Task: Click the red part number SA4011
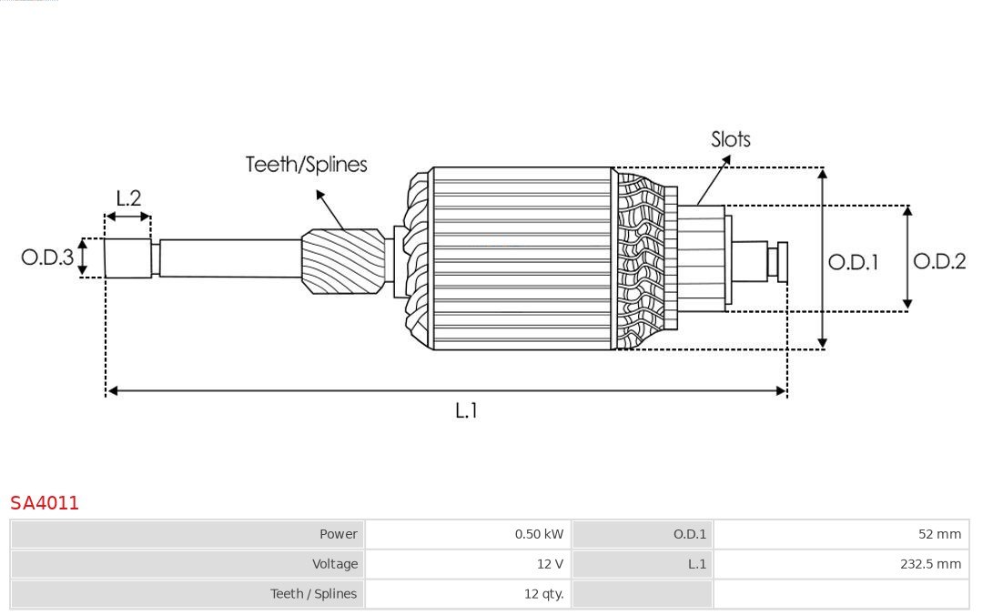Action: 45,503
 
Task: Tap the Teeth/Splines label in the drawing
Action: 306,165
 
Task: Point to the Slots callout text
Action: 730,139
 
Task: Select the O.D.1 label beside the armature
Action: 853,262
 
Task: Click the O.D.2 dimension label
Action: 938,261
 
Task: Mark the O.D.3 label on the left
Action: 47,257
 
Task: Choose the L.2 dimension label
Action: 128,198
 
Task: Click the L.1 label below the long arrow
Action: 466,410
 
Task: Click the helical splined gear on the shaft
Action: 343,261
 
